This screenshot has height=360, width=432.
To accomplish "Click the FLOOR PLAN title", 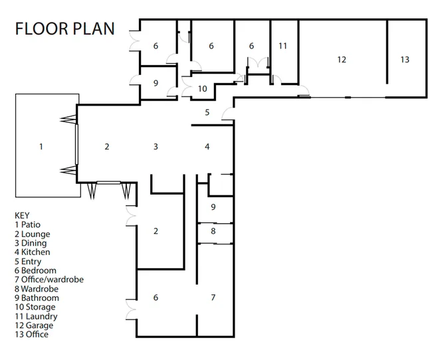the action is pyautogui.click(x=64, y=29).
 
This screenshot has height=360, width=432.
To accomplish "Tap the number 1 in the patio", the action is pyautogui.click(x=41, y=147).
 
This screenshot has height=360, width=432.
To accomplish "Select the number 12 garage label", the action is pyautogui.click(x=342, y=60).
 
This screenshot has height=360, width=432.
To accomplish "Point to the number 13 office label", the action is pyautogui.click(x=405, y=60).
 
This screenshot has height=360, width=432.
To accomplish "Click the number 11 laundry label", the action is pyautogui.click(x=282, y=46).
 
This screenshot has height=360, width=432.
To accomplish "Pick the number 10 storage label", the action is pyautogui.click(x=203, y=89).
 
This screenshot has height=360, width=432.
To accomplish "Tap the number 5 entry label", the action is pyautogui.click(x=207, y=112).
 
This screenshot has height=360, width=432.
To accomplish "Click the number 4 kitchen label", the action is pyautogui.click(x=207, y=147).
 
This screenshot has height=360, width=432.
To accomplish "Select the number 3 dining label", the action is pyautogui.click(x=156, y=147).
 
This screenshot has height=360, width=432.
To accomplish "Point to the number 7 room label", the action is pyautogui.click(x=213, y=298).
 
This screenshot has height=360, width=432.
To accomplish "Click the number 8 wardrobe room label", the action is pyautogui.click(x=213, y=231).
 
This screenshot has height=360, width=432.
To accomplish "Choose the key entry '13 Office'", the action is pyautogui.click(x=32, y=334).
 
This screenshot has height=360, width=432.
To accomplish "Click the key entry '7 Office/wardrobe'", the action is pyautogui.click(x=49, y=280).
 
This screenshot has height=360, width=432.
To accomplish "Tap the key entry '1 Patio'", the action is pyautogui.click(x=27, y=225).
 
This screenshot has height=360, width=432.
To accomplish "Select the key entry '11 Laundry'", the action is pyautogui.click(x=36, y=316).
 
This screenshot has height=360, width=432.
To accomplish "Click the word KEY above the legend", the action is pyautogui.click(x=22, y=216).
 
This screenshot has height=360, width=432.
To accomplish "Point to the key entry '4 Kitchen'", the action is pyautogui.click(x=33, y=252).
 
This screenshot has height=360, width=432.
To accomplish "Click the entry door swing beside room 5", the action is pyautogui.click(x=227, y=114).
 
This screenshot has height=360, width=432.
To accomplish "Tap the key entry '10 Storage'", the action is pyautogui.click(x=35, y=307).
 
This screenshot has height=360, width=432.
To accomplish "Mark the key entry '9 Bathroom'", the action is pyautogui.click(x=37, y=298).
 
